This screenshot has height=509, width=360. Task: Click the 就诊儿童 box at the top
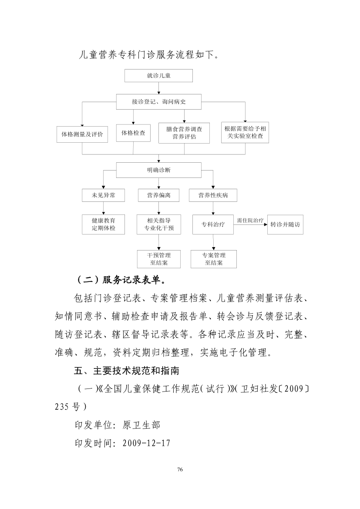pyautogui.click(x=158, y=76)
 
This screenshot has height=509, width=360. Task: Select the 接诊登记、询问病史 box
pyautogui.click(x=158, y=102)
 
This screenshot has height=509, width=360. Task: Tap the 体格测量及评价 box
pyautogui.click(x=82, y=134)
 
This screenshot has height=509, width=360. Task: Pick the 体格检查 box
pyautogui.click(x=133, y=133)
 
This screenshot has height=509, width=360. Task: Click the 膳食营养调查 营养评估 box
pyautogui.click(x=184, y=133)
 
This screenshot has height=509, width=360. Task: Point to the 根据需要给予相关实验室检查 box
pyautogui.click(x=245, y=132)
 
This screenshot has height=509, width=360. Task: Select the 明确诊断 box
pyautogui.click(x=158, y=170)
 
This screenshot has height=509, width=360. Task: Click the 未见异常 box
pyautogui.click(x=103, y=195)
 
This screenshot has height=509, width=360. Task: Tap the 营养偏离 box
pyautogui.click(x=158, y=195)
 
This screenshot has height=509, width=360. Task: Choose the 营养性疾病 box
pyautogui.click(x=213, y=195)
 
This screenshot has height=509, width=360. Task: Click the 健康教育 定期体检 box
pyautogui.click(x=103, y=224)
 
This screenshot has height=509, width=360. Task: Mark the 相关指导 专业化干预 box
pyautogui.click(x=159, y=224)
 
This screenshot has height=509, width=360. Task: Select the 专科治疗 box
pyautogui.click(x=213, y=224)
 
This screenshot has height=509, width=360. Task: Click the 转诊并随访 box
pyautogui.click(x=285, y=224)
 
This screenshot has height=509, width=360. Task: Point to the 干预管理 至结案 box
pyautogui.click(x=159, y=259)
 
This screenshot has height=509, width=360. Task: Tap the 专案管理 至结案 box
pyautogui.click(x=214, y=259)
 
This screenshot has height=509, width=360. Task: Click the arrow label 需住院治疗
pyautogui.click(x=250, y=221)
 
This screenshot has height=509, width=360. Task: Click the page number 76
pyautogui.click(x=180, y=469)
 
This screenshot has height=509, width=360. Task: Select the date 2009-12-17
pyautogui.click(x=147, y=443)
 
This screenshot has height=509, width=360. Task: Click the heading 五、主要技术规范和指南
pyautogui.click(x=127, y=370)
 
